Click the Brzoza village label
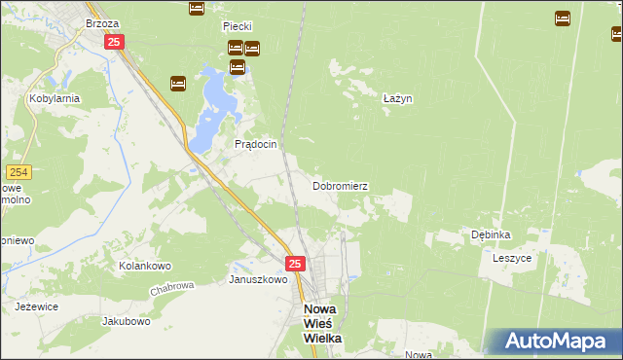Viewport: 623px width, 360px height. click(x=101, y=22)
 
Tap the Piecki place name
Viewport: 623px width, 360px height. click(x=238, y=27)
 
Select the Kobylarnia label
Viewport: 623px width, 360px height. click(x=54, y=99)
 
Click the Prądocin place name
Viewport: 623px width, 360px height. click(x=256, y=144)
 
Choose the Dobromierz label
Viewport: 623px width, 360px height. click(x=340, y=185)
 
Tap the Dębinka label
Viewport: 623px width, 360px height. click(x=491, y=234)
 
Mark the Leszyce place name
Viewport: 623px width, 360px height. click(x=512, y=259)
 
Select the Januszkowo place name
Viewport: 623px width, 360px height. click(x=258, y=279)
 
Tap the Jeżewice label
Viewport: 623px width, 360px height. click(x=37, y=306)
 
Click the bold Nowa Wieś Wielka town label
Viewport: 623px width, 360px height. click(x=317, y=323)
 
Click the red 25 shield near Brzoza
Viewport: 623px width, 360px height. click(x=114, y=42)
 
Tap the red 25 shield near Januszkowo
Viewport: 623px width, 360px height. click(x=296, y=263)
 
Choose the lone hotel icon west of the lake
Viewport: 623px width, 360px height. click(x=178, y=84)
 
